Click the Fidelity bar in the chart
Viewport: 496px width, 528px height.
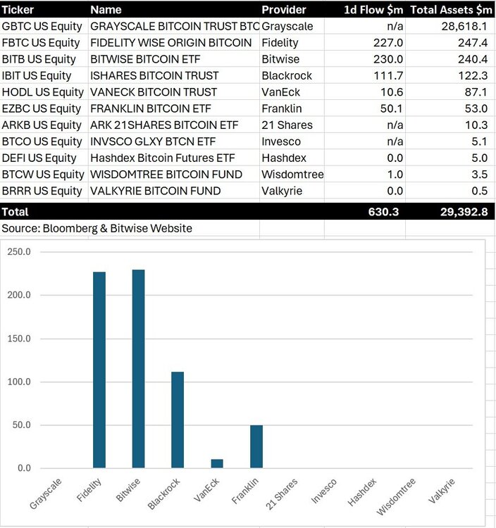(99, 370)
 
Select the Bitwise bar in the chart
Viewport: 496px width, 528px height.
(138, 369)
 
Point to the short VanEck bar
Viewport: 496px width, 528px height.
(217, 463)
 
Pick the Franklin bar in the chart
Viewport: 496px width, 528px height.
(256, 446)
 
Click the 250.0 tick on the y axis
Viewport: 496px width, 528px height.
(20, 251)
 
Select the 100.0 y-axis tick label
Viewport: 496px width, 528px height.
(20, 382)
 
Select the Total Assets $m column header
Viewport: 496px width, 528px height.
(451, 10)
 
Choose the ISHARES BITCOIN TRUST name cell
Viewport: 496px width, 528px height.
(154, 75)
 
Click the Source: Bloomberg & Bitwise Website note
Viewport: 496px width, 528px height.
(97, 228)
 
